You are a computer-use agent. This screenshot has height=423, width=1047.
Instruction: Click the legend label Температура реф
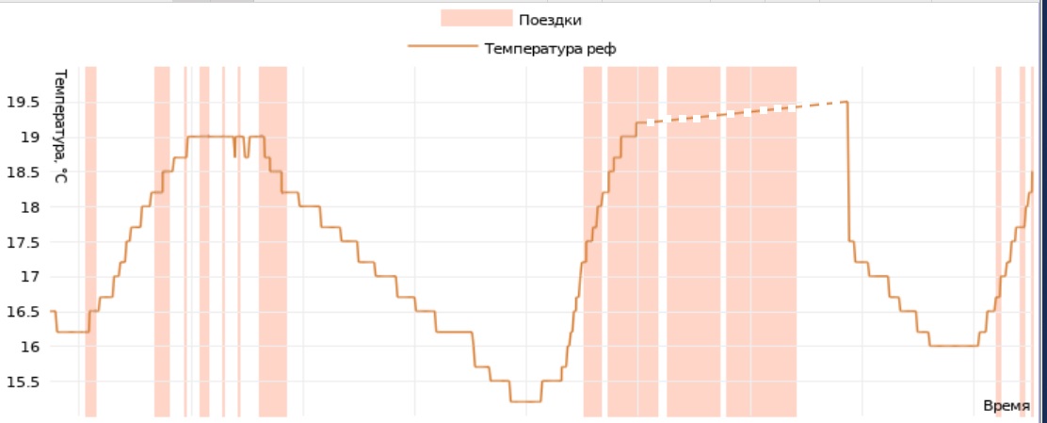[551, 48]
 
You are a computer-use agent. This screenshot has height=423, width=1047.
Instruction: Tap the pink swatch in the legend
[476, 20]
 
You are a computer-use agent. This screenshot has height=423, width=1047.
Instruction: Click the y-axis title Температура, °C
[59, 125]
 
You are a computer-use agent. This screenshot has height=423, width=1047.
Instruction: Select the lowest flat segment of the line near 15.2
[525, 401]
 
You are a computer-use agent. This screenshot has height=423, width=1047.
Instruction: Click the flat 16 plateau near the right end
[953, 346]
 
